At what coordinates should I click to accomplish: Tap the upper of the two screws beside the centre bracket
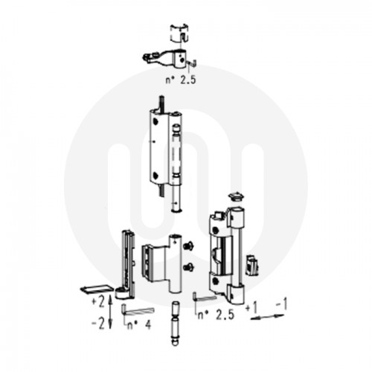click(x=189, y=246)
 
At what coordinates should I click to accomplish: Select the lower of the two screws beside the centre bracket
click(x=189, y=266)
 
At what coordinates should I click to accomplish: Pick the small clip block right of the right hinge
click(x=252, y=263)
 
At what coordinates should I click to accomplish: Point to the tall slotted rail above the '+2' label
click(x=128, y=257)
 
